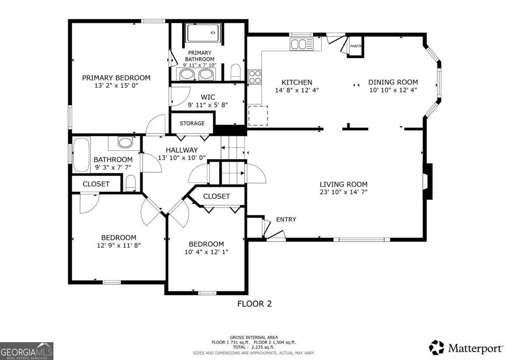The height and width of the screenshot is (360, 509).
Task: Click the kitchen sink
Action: [x=302, y=44]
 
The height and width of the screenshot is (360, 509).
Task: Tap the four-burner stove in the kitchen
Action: [x=255, y=77]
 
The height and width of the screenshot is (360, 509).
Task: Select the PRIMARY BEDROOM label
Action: [x=116, y=78]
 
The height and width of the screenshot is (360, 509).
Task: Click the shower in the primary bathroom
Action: [x=203, y=33]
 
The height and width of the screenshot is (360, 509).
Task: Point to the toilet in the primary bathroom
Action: [x=235, y=72]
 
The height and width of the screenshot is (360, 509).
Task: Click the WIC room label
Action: [x=208, y=97]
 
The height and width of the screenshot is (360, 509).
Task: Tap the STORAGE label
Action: [x=192, y=123]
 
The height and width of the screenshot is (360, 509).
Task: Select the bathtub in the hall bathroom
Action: [x=81, y=155]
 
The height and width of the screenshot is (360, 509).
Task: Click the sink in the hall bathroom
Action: [x=125, y=143]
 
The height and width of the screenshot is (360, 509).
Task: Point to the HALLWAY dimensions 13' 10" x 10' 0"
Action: [x=182, y=157]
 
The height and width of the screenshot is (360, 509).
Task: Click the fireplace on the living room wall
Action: [x=428, y=181]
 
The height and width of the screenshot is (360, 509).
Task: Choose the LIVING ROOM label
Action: [x=343, y=184]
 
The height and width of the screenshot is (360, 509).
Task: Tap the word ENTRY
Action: [x=286, y=219]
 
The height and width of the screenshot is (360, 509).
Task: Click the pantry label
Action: [x=355, y=46]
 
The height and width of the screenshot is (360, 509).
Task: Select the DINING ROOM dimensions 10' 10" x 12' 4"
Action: [x=393, y=90]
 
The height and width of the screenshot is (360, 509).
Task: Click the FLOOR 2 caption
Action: [x=255, y=304]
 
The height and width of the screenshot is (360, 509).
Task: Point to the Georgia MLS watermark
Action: [x=27, y=351]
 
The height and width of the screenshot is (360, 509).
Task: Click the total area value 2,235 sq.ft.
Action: [x=263, y=347]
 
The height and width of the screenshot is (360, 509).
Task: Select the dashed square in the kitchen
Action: [x=258, y=116]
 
